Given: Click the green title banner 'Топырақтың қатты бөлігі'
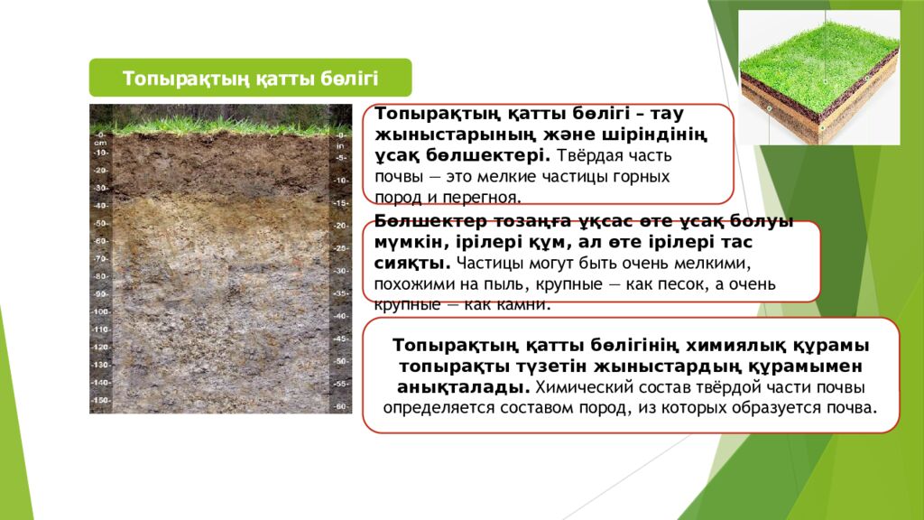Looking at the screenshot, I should [250, 78].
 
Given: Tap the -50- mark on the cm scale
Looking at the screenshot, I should [101, 223].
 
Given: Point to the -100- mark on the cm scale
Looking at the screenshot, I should [101, 311].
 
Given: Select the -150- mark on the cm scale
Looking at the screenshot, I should [101, 400].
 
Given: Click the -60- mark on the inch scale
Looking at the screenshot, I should [340, 406].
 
